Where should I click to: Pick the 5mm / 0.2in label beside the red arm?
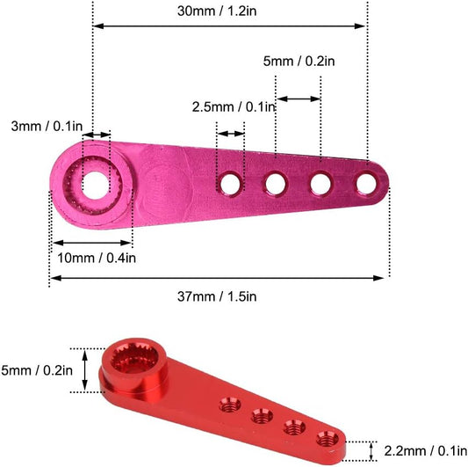click(36, 369)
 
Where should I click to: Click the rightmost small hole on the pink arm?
click(365, 183)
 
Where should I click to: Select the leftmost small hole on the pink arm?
click(232, 183)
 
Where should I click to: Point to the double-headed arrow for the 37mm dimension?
click(217, 278)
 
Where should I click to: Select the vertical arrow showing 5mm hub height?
click(85, 369)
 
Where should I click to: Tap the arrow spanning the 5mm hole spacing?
click(299, 99)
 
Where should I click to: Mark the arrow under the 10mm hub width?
click(91, 242)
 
